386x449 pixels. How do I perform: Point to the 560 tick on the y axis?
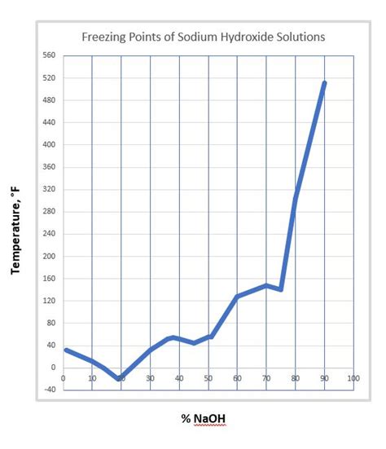tap(48, 56)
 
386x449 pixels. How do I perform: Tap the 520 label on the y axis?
tap(48, 78)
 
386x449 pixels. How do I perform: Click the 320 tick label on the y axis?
tap(48, 189)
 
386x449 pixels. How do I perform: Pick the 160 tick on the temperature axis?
tap(48, 278)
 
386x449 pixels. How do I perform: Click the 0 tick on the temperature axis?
tap(52, 367)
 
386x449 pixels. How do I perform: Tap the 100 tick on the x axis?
tap(353, 379)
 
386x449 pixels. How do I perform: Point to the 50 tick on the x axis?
tap(208, 379)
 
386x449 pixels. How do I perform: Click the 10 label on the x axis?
tap(92, 379)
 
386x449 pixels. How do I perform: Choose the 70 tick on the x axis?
tap(266, 379)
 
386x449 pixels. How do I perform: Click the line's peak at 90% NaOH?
tap(325, 82)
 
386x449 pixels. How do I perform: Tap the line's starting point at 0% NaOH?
tap(64, 350)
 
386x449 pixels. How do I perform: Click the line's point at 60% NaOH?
tap(237, 296)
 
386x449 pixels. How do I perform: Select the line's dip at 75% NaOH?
tap(281, 289)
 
